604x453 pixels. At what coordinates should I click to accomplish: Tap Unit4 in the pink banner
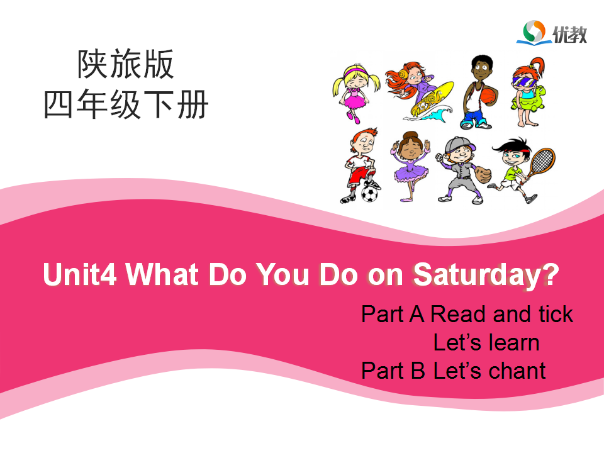(80, 274)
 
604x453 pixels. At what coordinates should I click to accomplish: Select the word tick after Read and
(556, 314)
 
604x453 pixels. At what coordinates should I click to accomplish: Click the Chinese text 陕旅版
(126, 64)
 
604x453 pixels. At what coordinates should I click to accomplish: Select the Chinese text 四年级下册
(126, 104)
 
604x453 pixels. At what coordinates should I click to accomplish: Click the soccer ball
(369, 194)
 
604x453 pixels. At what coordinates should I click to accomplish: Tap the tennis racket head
(543, 160)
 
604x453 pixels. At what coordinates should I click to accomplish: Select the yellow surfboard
(432, 98)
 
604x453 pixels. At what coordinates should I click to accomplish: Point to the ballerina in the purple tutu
(411, 166)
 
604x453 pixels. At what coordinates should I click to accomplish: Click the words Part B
(393, 371)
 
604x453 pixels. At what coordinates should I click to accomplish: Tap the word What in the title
(162, 274)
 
